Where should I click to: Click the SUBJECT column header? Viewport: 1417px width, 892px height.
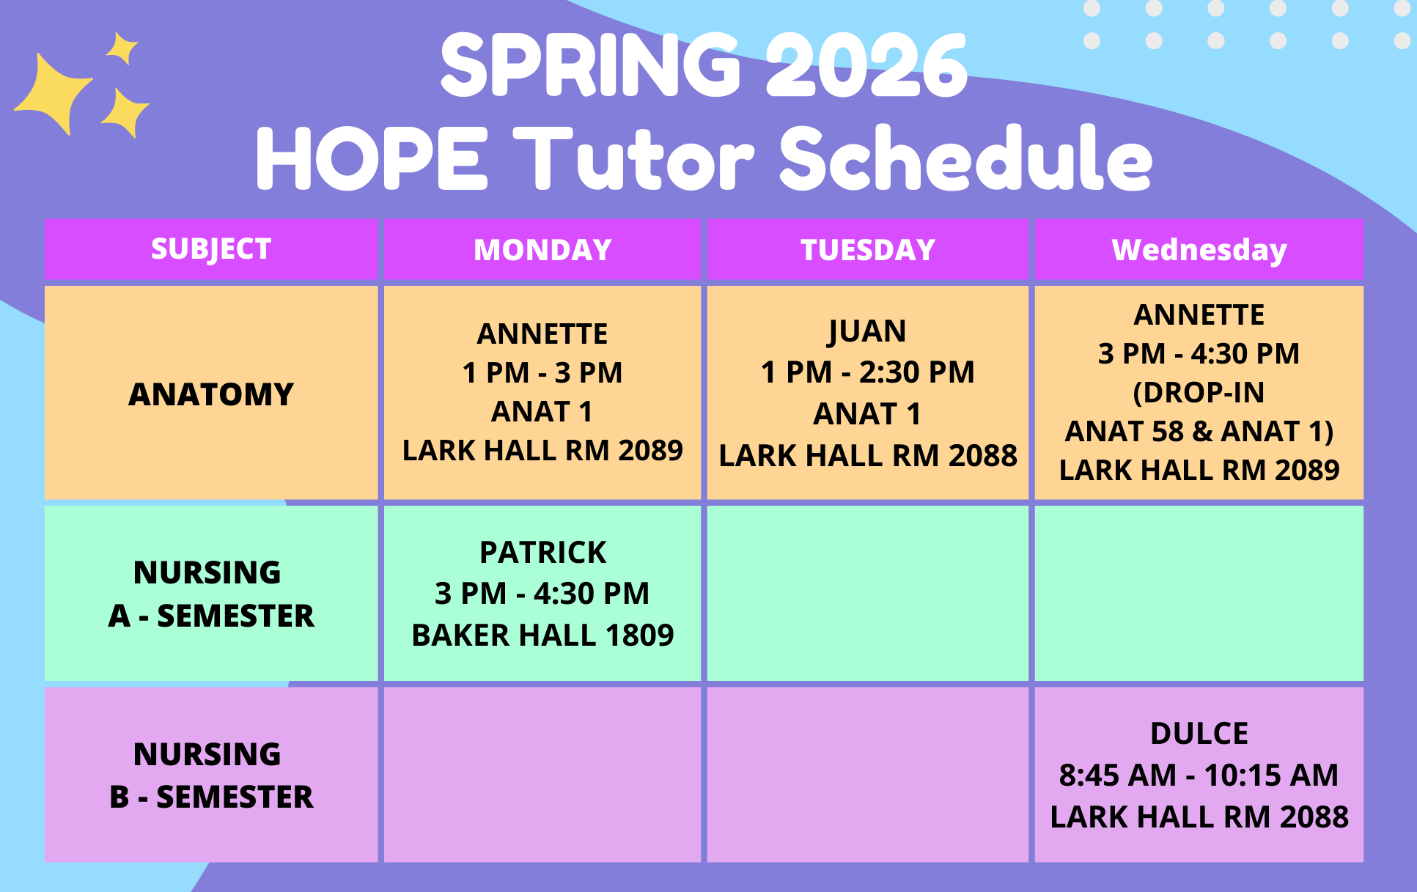(x=211, y=249)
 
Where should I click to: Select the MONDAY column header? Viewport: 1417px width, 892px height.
(x=542, y=250)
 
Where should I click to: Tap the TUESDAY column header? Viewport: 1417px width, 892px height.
(x=868, y=250)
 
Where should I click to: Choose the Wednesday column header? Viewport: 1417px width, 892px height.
(x=1199, y=250)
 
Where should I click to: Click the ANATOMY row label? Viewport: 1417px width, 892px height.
(x=211, y=394)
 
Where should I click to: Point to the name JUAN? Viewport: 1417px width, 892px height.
(x=867, y=331)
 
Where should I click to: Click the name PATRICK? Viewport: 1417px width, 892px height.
(x=542, y=553)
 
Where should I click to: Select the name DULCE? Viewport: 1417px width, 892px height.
(x=1199, y=734)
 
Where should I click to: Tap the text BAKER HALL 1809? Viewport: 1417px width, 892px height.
(x=542, y=635)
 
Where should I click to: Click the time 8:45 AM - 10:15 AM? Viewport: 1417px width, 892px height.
(x=1199, y=775)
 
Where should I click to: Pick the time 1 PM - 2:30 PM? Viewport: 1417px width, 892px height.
(x=868, y=372)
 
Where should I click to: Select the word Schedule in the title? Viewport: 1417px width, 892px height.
(x=966, y=158)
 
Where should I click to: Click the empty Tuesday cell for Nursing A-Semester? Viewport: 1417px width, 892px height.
(x=868, y=594)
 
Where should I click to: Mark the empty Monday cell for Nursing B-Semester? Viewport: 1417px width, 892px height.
(x=542, y=775)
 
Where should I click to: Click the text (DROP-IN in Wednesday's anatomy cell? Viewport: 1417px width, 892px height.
(x=1199, y=393)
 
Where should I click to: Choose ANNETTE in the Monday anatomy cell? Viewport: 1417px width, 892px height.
(x=542, y=334)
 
